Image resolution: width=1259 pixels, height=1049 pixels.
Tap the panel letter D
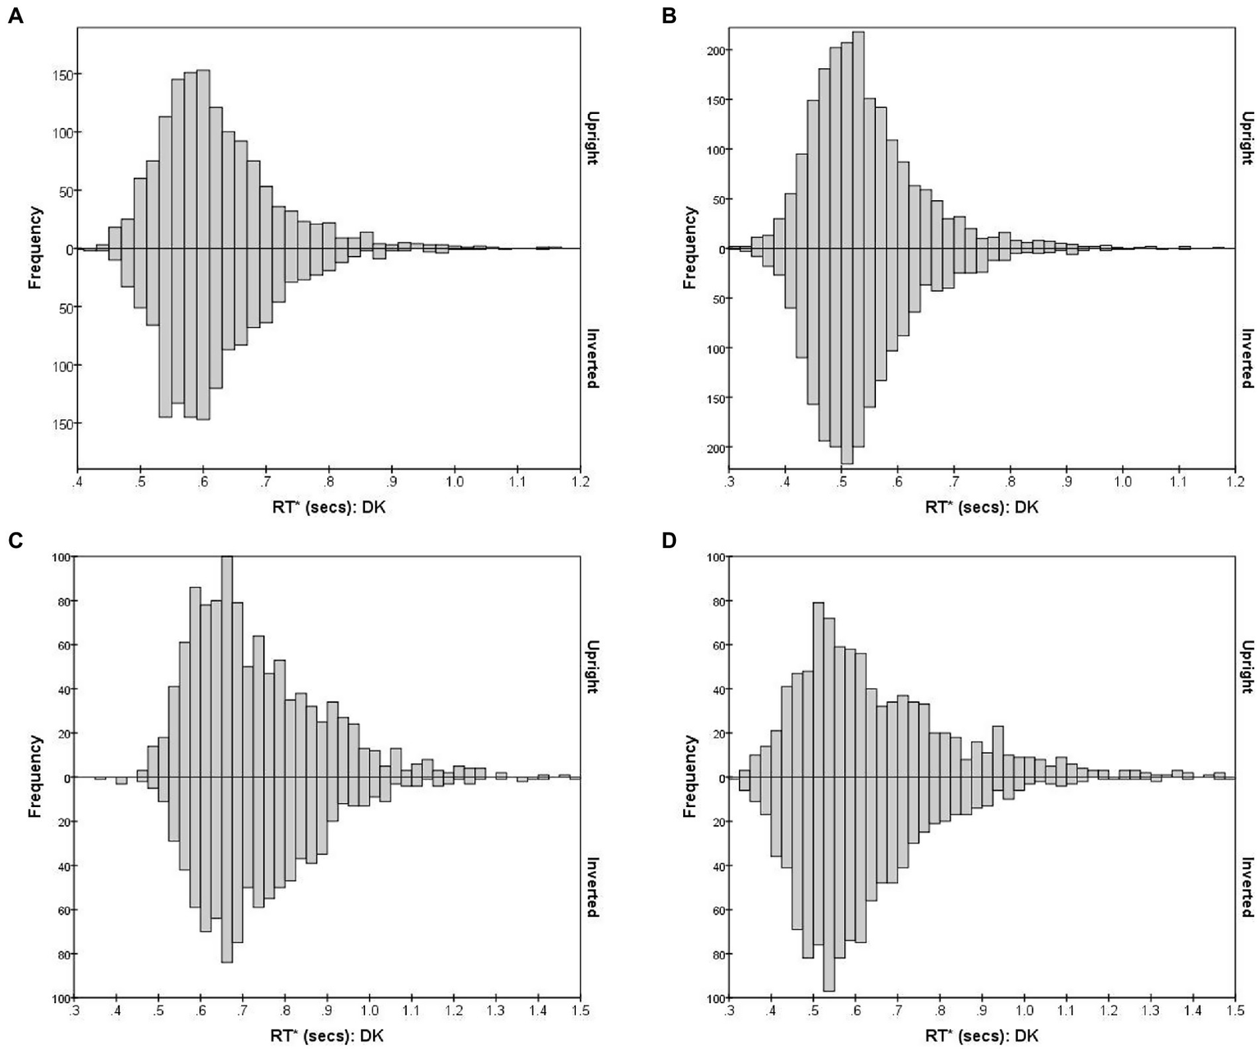pos(671,542)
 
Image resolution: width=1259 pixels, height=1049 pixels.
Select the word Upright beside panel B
pos(1247,139)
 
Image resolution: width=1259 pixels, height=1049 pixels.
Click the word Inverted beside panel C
pos(592,887)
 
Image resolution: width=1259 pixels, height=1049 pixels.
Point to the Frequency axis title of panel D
pos(690,776)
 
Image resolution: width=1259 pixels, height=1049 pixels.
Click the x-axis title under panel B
pos(981,507)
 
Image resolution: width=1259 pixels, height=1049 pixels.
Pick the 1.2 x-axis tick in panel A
pos(580,481)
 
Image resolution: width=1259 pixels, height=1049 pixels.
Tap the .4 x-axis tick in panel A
pos(78,481)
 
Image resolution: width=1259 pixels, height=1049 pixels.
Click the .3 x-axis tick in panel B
pos(729,481)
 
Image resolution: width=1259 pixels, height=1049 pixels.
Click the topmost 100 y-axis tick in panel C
pos(61,557)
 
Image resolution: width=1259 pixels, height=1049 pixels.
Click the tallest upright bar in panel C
pos(227,666)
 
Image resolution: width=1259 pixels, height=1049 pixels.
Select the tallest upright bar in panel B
pos(859,139)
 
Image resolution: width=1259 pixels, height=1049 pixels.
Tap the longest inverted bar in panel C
pos(227,869)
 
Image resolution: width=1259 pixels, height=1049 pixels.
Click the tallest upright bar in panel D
pos(818,689)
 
